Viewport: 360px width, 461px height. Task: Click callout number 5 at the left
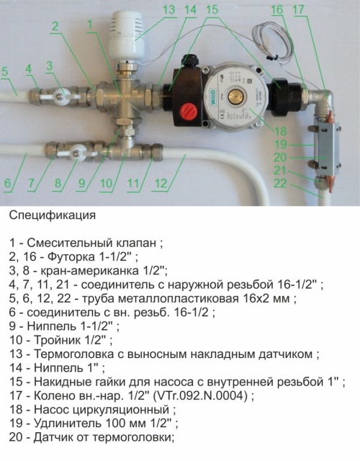[5, 71]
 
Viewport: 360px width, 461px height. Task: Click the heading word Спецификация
[53, 215]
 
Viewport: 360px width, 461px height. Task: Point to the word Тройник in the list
[53, 339]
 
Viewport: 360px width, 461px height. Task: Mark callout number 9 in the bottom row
[79, 184]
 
